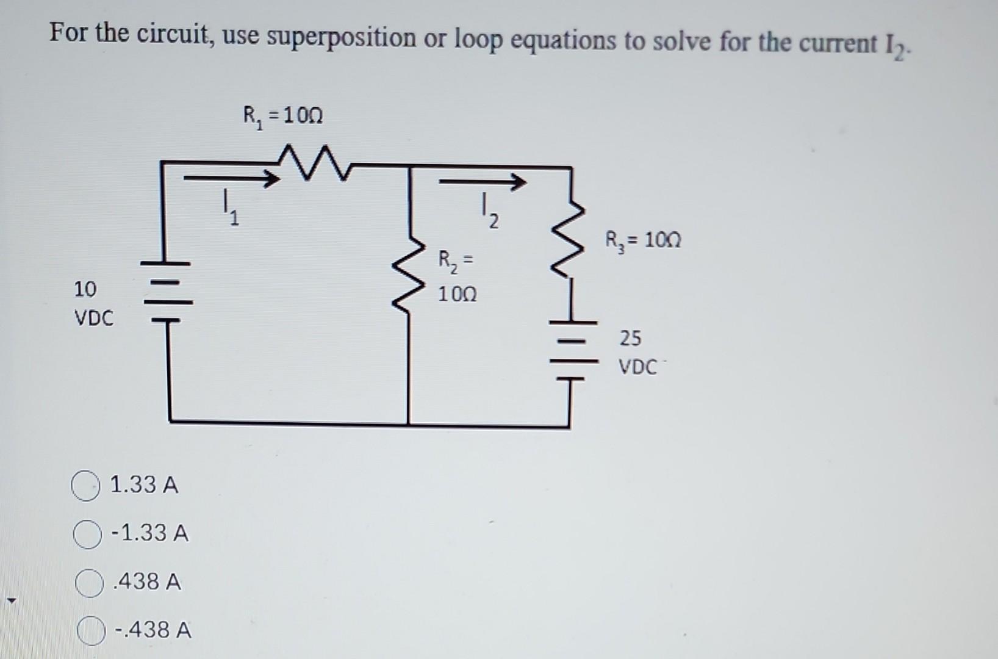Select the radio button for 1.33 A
(86, 486)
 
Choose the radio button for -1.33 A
(87, 535)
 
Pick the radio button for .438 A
(88, 583)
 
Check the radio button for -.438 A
(90, 631)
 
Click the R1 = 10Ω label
(283, 115)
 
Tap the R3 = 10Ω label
(643, 240)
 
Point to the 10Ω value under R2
(458, 295)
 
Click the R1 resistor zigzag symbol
(312, 162)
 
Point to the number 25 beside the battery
(630, 337)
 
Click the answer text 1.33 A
(144, 486)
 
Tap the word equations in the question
(564, 41)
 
